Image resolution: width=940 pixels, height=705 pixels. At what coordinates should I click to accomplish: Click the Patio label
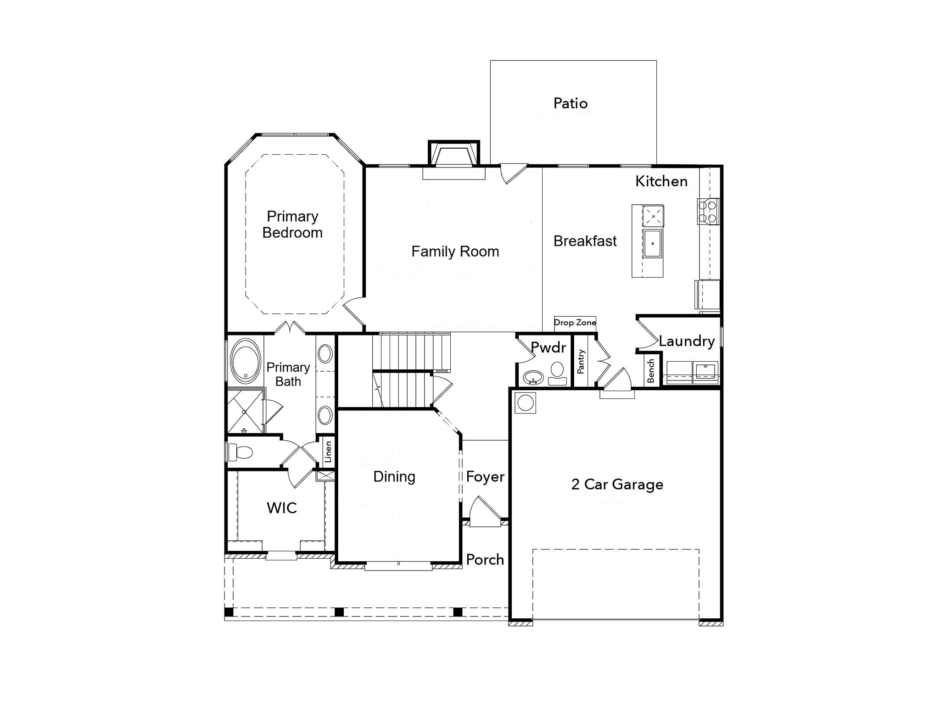pyautogui.click(x=570, y=103)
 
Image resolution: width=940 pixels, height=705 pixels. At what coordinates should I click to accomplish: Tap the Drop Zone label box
pyautogui.click(x=575, y=323)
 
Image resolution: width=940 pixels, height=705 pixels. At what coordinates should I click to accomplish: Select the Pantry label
pyautogui.click(x=581, y=362)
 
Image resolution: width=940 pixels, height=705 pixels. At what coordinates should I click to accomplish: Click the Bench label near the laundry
pyautogui.click(x=651, y=371)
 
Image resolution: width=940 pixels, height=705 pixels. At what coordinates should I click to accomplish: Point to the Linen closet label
pyautogui.click(x=328, y=452)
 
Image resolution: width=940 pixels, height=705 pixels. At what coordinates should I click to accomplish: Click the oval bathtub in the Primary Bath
pyautogui.click(x=246, y=362)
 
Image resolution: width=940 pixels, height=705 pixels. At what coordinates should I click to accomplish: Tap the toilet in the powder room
pyautogui.click(x=557, y=372)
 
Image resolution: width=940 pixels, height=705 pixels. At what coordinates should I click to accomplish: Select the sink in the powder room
pyautogui.click(x=533, y=378)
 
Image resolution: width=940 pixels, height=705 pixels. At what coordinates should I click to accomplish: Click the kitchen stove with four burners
pyautogui.click(x=708, y=212)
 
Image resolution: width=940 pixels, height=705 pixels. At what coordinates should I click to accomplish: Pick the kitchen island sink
pyautogui.click(x=652, y=244)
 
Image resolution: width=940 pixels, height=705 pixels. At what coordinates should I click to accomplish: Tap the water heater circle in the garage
pyautogui.click(x=526, y=403)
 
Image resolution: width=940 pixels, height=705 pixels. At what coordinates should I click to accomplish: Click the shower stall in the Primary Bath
pyautogui.click(x=245, y=411)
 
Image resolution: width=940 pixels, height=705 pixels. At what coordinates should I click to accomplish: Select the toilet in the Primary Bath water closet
pyautogui.click(x=241, y=452)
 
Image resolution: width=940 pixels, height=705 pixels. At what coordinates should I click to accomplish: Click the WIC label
pyautogui.click(x=281, y=508)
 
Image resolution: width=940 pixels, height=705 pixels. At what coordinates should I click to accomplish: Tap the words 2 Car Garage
pyautogui.click(x=617, y=485)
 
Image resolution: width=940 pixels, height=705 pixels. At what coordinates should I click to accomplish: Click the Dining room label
pyautogui.click(x=394, y=477)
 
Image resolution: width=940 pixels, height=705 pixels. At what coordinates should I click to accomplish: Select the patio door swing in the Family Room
pyautogui.click(x=512, y=173)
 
